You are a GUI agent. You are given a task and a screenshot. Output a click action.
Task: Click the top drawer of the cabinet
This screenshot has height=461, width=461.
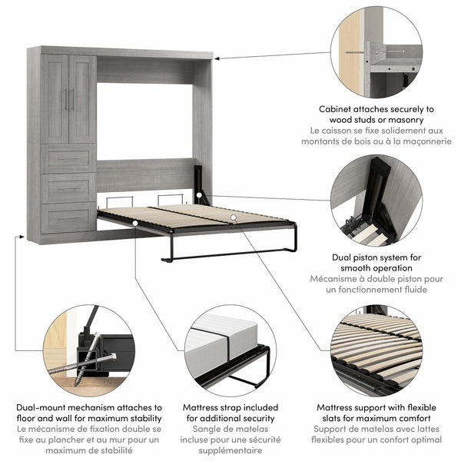pyautogui.click(x=69, y=158)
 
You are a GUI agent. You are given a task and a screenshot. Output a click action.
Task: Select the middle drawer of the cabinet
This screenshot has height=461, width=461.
pyautogui.click(x=69, y=187)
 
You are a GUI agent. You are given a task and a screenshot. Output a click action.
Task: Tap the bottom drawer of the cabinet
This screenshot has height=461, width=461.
pyautogui.click(x=69, y=217)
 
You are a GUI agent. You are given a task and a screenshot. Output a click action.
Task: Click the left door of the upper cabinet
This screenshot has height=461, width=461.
pyautogui.click(x=56, y=98)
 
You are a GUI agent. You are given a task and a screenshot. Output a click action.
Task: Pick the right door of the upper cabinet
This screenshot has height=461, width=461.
pyautogui.click(x=81, y=98)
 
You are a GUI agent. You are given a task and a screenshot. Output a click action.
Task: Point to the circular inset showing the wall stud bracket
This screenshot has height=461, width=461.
pyautogui.click(x=376, y=52)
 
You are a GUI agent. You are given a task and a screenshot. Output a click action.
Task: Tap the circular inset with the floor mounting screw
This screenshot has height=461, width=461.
pyautogui.click(x=88, y=350)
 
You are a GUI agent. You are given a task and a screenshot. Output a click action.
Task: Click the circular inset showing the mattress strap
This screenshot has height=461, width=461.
pyautogui.click(x=230, y=350)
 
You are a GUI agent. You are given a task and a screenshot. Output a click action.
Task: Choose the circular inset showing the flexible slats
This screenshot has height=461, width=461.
pyautogui.click(x=376, y=350)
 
